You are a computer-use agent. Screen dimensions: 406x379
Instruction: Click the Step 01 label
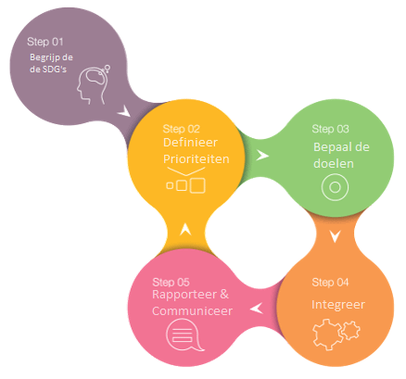click(x=45, y=42)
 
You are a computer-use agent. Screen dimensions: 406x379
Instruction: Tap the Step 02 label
click(x=182, y=129)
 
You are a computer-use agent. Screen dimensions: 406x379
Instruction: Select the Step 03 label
click(x=330, y=129)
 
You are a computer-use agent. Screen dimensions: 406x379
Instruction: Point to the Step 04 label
click(x=330, y=282)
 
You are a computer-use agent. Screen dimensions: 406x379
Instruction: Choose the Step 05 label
click(x=171, y=282)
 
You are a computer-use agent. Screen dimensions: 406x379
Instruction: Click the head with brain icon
click(x=94, y=84)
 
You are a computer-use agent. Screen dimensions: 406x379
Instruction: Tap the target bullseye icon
click(x=335, y=187)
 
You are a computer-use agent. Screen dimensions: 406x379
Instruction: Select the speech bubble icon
click(x=184, y=335)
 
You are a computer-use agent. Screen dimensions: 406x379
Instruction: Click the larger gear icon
click(x=327, y=335)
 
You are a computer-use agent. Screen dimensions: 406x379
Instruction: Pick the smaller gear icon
click(x=350, y=330)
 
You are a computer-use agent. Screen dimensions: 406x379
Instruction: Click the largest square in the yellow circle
click(x=197, y=185)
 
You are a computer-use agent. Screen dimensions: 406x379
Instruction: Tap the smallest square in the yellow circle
click(x=170, y=185)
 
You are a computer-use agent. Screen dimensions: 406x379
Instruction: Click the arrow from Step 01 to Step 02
click(x=124, y=111)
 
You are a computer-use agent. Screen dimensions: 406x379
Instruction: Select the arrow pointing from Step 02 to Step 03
click(x=262, y=156)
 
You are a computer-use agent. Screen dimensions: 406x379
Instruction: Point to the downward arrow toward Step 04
click(x=335, y=236)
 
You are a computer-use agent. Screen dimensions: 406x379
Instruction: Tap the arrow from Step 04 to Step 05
click(x=257, y=309)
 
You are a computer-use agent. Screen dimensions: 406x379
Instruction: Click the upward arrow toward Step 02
click(x=185, y=230)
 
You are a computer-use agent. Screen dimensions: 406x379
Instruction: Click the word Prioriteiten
click(x=197, y=159)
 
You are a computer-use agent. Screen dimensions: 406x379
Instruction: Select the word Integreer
click(x=338, y=305)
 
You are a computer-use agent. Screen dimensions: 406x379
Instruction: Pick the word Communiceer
click(x=192, y=310)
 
